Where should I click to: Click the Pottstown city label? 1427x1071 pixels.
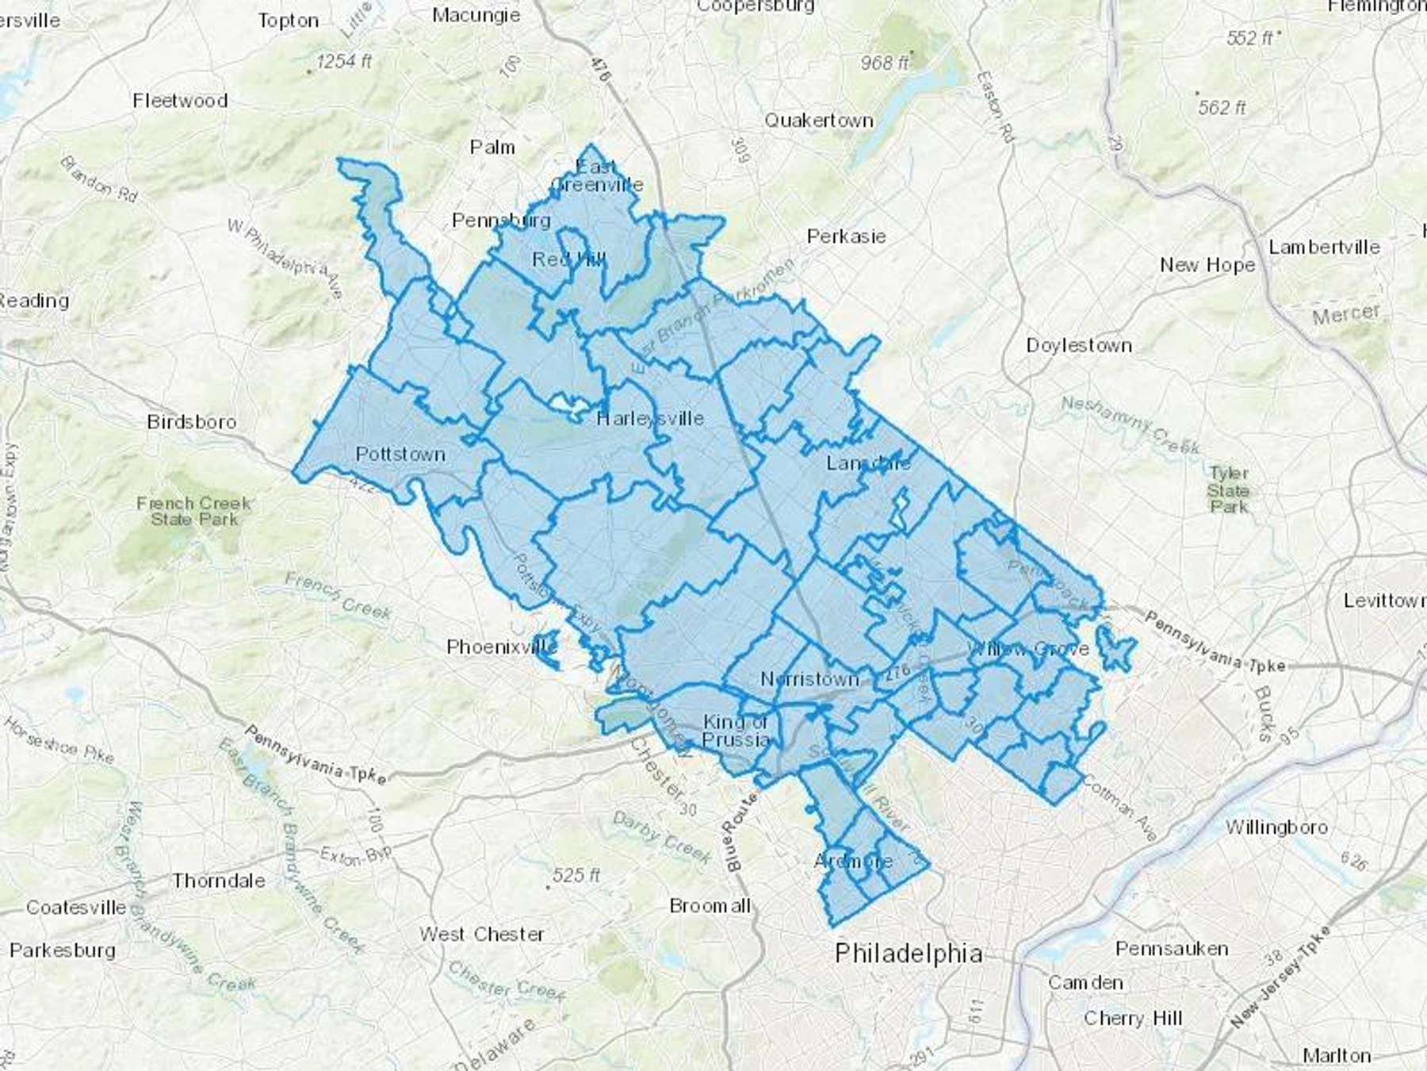[x=400, y=455]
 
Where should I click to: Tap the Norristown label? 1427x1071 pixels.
[x=809, y=679]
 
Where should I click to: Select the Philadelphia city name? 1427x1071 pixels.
[x=909, y=953]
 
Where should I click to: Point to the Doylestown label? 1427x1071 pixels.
[x=1079, y=345]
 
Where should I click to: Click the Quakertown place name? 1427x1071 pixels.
[x=819, y=121]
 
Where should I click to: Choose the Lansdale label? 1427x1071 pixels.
[x=869, y=463]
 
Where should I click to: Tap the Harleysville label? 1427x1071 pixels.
[x=650, y=418]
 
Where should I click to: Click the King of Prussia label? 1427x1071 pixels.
[x=736, y=731]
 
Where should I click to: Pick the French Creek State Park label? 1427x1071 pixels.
[x=194, y=511]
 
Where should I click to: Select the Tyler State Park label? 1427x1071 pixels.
[x=1229, y=489]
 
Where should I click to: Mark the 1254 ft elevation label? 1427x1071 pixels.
[x=343, y=61]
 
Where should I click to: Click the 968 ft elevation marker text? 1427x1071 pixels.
[x=885, y=62]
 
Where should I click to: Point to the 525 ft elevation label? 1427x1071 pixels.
[x=576, y=875]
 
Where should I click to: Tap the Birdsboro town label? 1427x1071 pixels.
[x=192, y=421]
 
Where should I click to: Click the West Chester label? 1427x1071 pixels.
[x=482, y=934]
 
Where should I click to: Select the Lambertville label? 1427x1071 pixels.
[x=1324, y=247]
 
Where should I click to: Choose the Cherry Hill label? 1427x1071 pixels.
[x=1132, y=1018]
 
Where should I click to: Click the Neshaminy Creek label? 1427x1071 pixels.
[x=1131, y=425]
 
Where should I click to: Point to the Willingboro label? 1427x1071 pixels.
[x=1276, y=827]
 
